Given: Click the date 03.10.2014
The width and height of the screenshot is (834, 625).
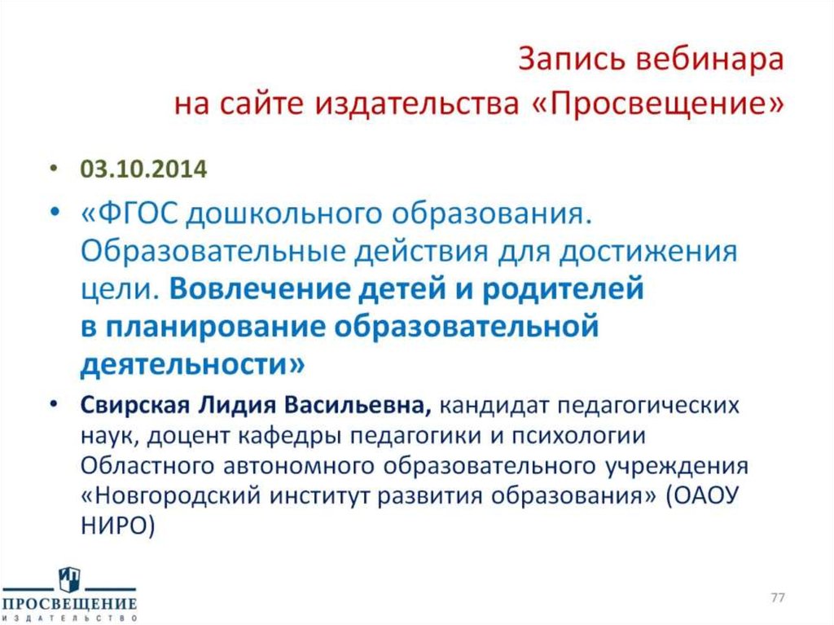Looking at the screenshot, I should tap(143, 169).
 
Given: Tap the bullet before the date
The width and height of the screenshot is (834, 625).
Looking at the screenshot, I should tap(53, 169).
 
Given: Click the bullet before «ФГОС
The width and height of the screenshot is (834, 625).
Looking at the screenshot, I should tap(53, 215).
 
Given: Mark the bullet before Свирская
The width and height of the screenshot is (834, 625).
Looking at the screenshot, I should tap(53, 405).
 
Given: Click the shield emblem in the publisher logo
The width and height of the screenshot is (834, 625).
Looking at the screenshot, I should tap(69, 581).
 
